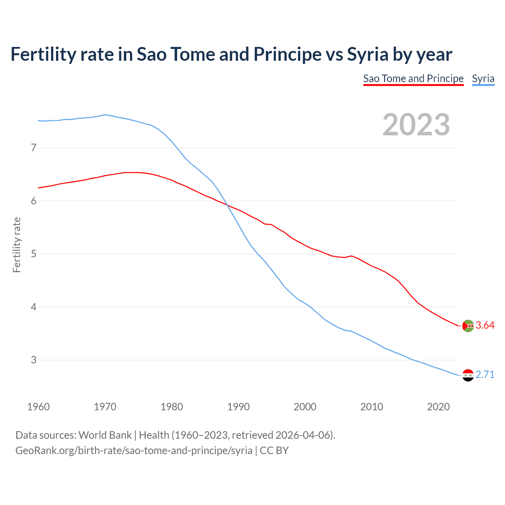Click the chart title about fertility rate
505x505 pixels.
point(231,54)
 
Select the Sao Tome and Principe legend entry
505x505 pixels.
point(413,79)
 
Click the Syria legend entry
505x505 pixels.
point(483,79)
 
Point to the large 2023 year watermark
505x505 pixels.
point(416,125)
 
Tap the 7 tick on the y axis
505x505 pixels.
point(34,148)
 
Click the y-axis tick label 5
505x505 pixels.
point(34,254)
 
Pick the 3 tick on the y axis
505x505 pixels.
point(34,360)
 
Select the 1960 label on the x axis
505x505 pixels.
point(38,407)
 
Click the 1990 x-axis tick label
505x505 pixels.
point(238,407)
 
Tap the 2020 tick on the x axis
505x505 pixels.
point(438,407)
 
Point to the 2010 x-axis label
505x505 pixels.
point(372,407)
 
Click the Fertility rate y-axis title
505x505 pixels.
point(17,245)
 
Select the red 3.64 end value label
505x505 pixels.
point(485,325)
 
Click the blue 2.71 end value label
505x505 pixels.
point(485,375)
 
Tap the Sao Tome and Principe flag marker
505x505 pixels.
point(468,326)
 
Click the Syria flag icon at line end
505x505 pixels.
point(468,375)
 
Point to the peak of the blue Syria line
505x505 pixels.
point(105,115)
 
